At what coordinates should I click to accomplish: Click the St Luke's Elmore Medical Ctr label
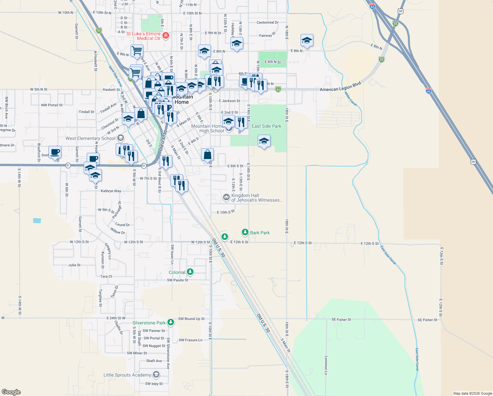[x=144, y=36]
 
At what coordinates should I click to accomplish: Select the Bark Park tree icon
[x=245, y=232]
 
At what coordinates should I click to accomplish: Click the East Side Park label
[x=266, y=126]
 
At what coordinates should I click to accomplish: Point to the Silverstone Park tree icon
[x=170, y=322]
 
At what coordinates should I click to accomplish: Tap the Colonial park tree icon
[x=190, y=272]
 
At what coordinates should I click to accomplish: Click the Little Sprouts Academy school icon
[x=156, y=374]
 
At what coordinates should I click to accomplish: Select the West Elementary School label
[x=90, y=138]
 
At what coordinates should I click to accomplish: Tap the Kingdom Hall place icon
[x=226, y=197]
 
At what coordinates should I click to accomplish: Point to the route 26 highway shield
[x=473, y=161]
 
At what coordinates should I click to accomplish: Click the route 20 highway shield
[x=400, y=11]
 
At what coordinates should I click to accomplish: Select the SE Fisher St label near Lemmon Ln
[x=341, y=319]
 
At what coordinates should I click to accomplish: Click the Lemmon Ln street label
[x=326, y=365]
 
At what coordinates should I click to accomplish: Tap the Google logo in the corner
[x=11, y=392]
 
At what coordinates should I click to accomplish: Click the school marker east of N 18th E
[x=307, y=41]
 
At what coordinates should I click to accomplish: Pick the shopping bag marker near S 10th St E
[x=207, y=154]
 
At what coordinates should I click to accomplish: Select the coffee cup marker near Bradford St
[x=55, y=152]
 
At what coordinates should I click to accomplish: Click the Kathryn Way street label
[x=111, y=191]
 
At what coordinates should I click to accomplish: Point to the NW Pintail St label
[x=52, y=105]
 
